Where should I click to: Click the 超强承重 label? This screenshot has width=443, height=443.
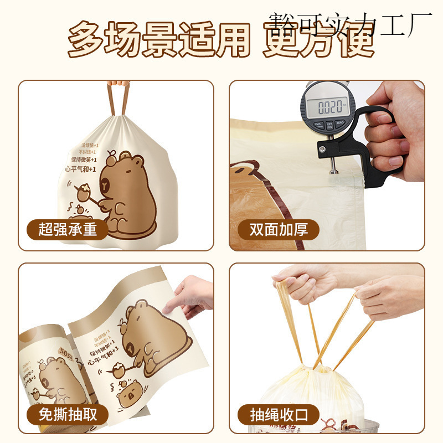67,229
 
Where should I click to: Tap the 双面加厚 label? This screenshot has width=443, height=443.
279,229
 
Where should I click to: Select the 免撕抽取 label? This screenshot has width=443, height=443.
67,414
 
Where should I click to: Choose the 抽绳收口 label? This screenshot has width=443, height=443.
279,414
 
